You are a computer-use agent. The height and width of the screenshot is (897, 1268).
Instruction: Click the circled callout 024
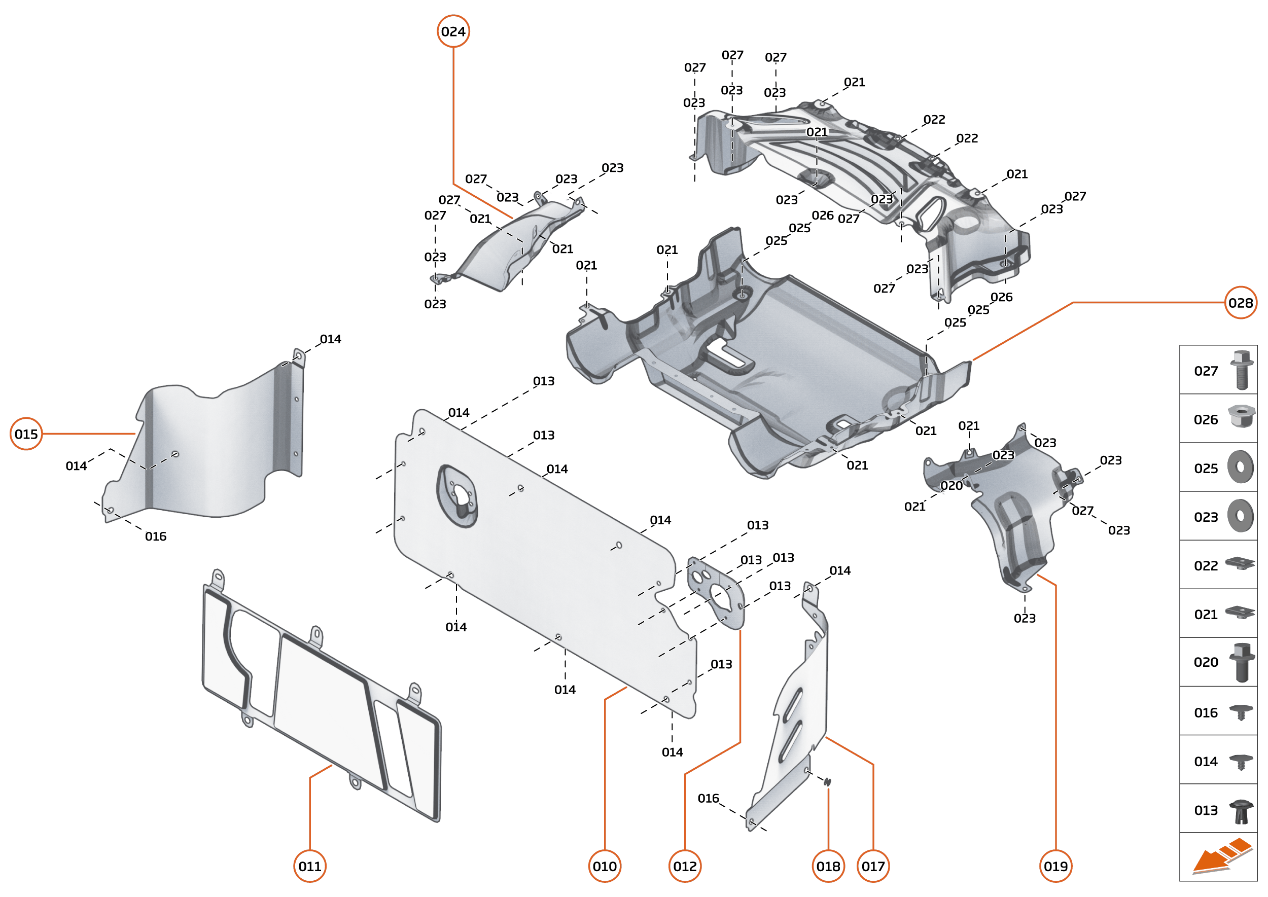[x=453, y=31]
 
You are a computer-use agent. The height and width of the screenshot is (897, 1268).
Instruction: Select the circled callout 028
[x=1241, y=303]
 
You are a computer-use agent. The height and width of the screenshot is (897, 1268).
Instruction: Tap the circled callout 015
[x=26, y=434]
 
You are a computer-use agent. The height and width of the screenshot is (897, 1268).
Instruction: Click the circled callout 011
[x=309, y=867]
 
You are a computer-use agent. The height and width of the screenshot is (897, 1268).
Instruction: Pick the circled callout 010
[x=605, y=867]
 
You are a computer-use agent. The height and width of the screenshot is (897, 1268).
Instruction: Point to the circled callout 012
[x=685, y=867]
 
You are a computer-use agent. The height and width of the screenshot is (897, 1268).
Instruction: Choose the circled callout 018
[x=828, y=867]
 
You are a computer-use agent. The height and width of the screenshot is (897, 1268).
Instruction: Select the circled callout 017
[x=873, y=867]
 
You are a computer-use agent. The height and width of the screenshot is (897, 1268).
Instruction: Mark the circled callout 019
[x=1055, y=867]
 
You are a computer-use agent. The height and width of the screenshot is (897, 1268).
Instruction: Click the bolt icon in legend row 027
[x=1242, y=370]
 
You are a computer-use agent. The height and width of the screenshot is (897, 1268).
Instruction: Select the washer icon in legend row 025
[x=1241, y=468]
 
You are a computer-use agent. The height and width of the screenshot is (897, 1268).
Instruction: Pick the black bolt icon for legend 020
[x=1242, y=662]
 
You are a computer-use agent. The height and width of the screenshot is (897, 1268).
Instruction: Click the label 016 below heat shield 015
[x=155, y=536]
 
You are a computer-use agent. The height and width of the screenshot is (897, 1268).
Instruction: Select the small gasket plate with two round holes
[x=716, y=593]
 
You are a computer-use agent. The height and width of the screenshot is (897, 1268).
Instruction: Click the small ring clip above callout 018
[x=827, y=781]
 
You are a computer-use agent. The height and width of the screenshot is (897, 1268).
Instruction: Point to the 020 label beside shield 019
[x=952, y=485]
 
